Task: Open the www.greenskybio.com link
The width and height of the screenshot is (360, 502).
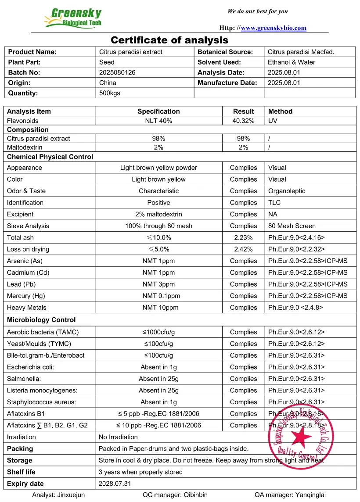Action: [274, 28]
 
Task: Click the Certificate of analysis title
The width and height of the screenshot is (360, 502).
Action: [169, 40]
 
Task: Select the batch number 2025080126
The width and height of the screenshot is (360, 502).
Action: [117, 72]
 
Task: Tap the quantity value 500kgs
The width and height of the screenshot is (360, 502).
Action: [110, 93]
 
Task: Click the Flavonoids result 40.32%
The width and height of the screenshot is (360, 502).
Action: [243, 121]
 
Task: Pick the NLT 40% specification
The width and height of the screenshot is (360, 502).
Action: [158, 121]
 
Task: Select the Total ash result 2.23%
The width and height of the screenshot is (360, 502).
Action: [243, 238]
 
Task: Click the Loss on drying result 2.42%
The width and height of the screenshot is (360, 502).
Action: [243, 249]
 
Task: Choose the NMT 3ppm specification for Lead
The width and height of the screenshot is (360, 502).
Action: [158, 284]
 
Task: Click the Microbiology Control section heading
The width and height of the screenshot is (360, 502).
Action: [41, 320]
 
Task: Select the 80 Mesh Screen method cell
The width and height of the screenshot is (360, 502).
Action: [292, 226]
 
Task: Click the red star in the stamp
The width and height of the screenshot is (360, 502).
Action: [299, 437]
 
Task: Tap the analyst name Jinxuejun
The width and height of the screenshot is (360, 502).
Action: [71, 495]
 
